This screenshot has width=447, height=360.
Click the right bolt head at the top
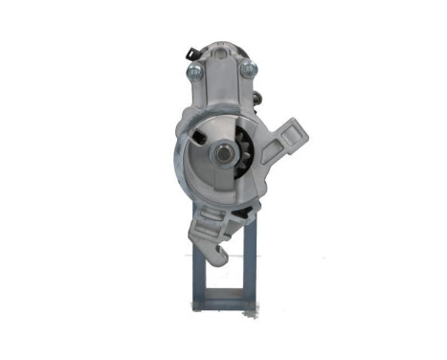tap(249, 68)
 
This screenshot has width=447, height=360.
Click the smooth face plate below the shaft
tap(222, 187)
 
